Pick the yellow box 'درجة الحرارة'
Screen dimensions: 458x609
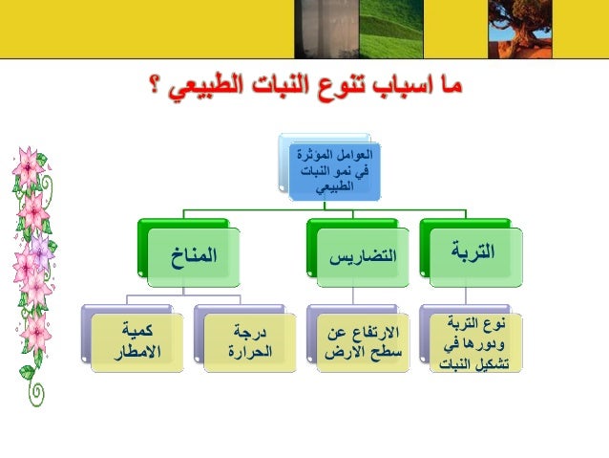click(x=244, y=341)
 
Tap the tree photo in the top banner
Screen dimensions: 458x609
click(x=518, y=27)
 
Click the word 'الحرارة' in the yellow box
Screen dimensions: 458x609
click(x=244, y=352)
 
